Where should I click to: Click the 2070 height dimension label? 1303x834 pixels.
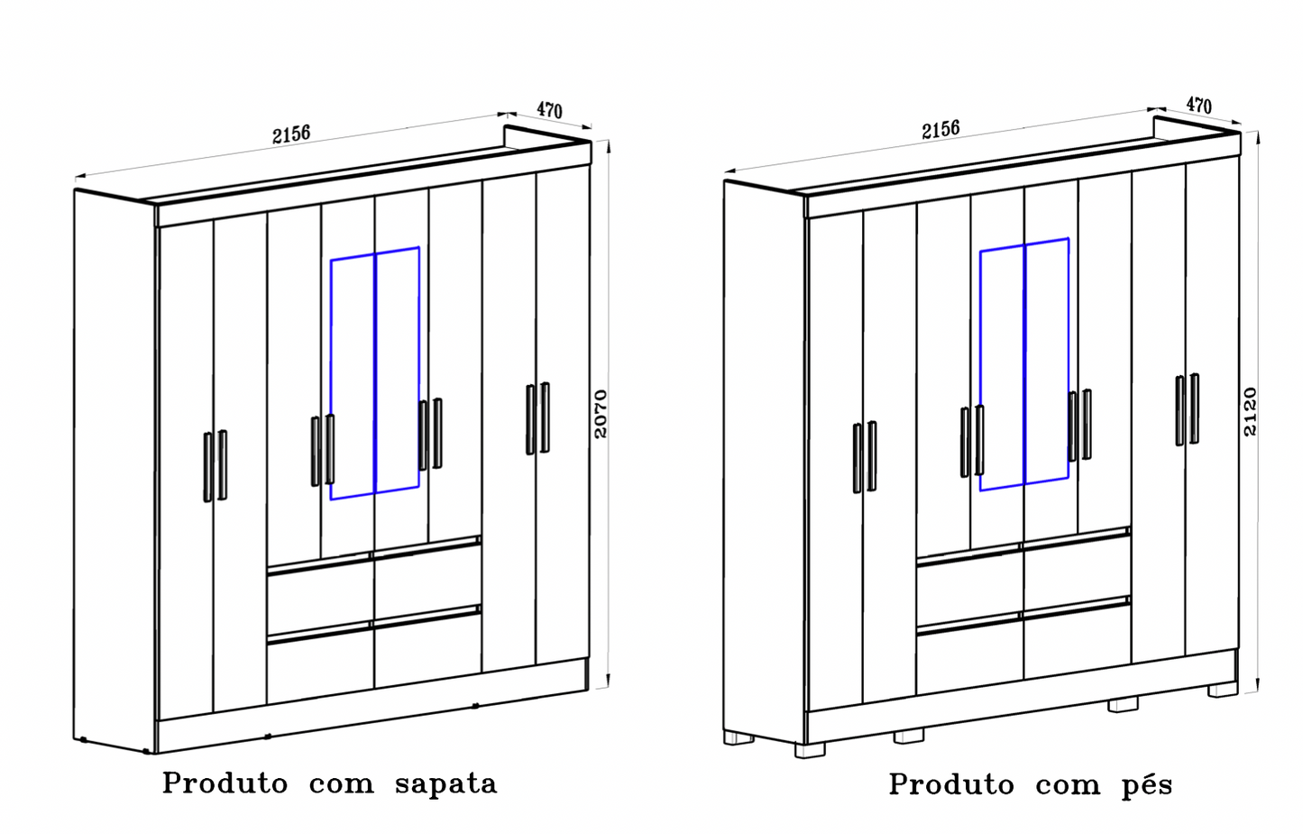pyautogui.click(x=601, y=414)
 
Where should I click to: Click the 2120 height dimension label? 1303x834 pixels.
pyautogui.click(x=1250, y=411)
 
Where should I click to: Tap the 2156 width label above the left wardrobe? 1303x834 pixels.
pyautogui.click(x=291, y=134)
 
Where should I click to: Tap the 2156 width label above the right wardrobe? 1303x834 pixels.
pyautogui.click(x=941, y=129)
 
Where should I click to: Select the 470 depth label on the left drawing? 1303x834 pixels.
pyautogui.click(x=549, y=110)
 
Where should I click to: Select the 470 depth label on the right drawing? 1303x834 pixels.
pyautogui.click(x=1198, y=105)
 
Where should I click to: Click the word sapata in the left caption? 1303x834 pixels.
pyautogui.click(x=445, y=784)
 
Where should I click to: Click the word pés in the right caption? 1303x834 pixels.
pyautogui.click(x=1147, y=785)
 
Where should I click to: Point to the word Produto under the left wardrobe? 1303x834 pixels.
pyautogui.click(x=225, y=783)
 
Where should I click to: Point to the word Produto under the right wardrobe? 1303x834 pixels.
pyautogui.click(x=951, y=784)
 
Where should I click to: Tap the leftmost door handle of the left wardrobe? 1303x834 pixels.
pyautogui.click(x=208, y=466)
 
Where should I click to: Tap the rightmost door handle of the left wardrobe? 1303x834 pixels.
pyautogui.click(x=545, y=417)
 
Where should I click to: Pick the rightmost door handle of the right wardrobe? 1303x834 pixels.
pyautogui.click(x=1194, y=408)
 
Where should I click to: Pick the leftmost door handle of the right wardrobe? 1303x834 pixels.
pyautogui.click(x=858, y=457)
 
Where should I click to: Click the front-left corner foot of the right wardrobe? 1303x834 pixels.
pyautogui.click(x=809, y=749)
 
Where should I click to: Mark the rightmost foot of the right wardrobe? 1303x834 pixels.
pyautogui.click(x=1223, y=689)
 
